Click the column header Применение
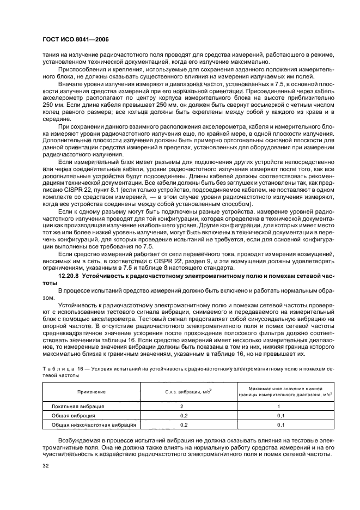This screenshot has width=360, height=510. click(91, 392)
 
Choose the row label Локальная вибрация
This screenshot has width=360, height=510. click(77, 406)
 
